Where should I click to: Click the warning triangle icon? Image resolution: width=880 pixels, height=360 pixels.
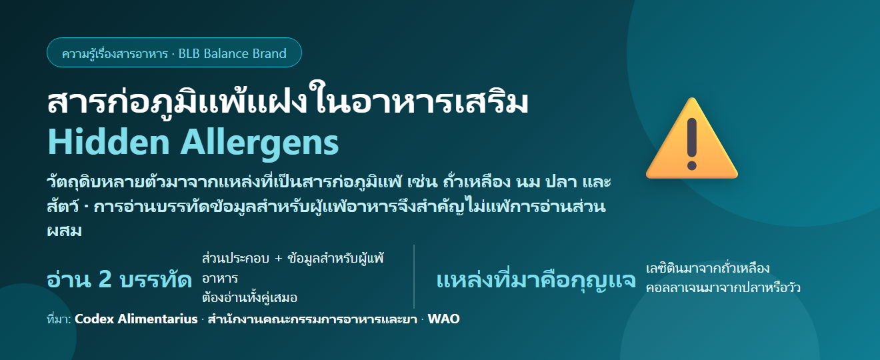[692, 139]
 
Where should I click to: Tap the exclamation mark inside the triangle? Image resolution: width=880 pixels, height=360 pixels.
[692, 144]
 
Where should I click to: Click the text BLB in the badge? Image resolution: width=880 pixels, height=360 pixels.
[189, 53]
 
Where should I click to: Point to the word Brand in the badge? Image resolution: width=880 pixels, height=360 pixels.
[269, 53]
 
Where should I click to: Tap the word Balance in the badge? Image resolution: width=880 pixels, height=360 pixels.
[225, 53]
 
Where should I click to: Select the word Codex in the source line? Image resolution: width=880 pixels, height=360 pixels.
[94, 319]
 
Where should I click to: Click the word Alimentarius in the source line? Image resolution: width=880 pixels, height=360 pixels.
[157, 319]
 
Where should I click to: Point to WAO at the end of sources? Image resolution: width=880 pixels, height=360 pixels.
[443, 319]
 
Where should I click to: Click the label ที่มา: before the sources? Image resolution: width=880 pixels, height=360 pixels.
[59, 319]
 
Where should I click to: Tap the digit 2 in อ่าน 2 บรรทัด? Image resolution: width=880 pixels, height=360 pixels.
[105, 279]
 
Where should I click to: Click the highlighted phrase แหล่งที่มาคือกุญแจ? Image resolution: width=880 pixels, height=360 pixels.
[536, 280]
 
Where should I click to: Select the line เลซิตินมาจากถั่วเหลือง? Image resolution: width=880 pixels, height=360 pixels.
[707, 269]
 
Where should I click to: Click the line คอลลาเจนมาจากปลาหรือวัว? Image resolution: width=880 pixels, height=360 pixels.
[723, 288]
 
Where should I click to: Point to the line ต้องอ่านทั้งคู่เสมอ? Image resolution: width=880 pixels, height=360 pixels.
[249, 297]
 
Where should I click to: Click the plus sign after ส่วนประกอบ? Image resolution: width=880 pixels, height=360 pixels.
[279, 259]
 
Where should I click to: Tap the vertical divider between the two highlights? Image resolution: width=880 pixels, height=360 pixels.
[414, 277]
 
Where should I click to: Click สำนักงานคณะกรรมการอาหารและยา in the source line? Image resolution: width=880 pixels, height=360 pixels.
[312, 319]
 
